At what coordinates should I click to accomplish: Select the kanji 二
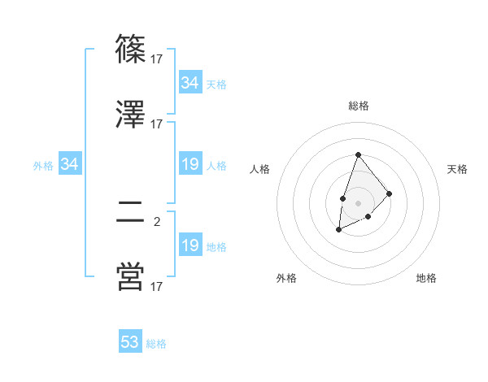pyautogui.click(x=131, y=214)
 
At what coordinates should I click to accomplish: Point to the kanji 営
pyautogui.click(x=131, y=277)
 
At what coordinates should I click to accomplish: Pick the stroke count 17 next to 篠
pyautogui.click(x=157, y=59)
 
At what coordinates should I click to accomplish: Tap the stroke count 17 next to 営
pyautogui.click(x=157, y=286)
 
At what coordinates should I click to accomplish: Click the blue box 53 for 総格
pyautogui.click(x=130, y=342)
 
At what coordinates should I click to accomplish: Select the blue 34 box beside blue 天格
pyautogui.click(x=190, y=83)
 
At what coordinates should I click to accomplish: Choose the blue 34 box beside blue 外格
pyautogui.click(x=70, y=165)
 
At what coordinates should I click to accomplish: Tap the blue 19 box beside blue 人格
pyautogui.click(x=190, y=165)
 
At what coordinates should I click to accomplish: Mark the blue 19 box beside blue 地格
pyautogui.click(x=190, y=245)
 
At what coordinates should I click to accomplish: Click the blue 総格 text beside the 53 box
pyautogui.click(x=157, y=344)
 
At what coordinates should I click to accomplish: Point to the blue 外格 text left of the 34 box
pyautogui.click(x=43, y=166)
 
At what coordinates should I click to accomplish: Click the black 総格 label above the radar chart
pyautogui.click(x=358, y=106)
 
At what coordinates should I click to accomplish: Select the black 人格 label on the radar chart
pyautogui.click(x=259, y=169)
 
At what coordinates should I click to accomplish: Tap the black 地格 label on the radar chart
pyautogui.click(x=426, y=278)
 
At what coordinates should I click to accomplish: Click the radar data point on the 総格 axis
pyautogui.click(x=358, y=154)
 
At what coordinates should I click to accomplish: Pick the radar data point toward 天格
pyautogui.click(x=390, y=193)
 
